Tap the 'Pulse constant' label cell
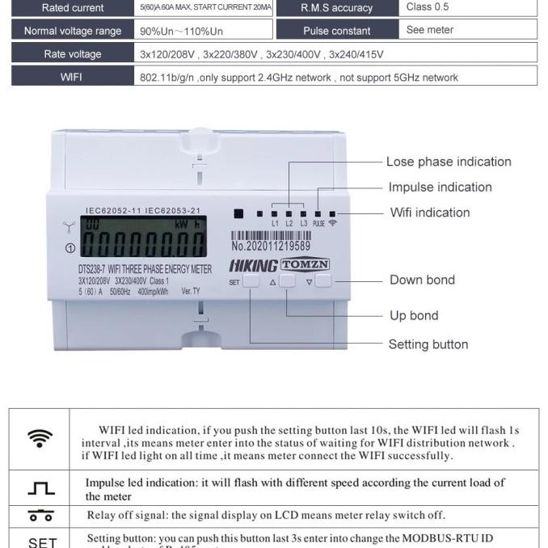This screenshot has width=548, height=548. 337,31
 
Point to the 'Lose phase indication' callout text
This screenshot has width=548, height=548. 449,162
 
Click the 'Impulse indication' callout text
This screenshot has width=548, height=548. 440,188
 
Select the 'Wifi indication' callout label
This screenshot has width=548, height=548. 429,213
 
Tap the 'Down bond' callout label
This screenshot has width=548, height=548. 422,280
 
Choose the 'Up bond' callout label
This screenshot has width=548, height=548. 414,315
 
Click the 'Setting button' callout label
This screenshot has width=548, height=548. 428,344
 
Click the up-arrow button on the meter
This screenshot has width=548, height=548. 287,281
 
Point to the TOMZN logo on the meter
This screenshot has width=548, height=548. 305,264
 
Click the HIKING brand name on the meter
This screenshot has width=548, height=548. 254,265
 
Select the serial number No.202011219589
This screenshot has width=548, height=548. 271,246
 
